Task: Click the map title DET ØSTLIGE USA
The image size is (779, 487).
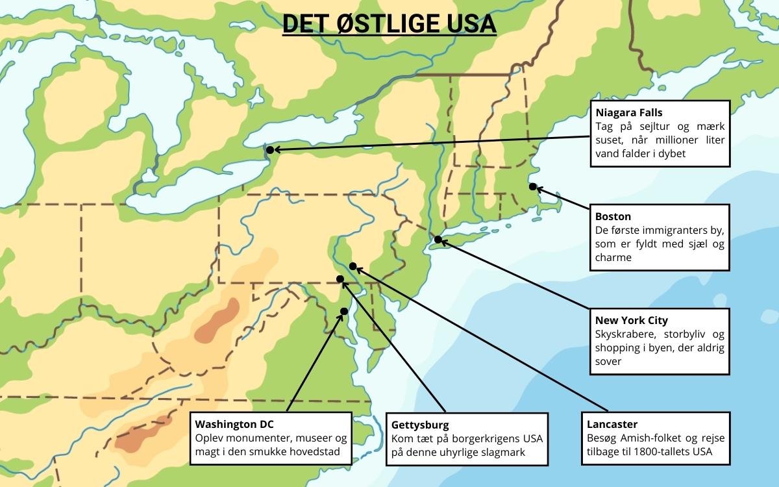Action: point(389,24)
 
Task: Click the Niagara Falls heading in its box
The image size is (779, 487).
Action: point(628,112)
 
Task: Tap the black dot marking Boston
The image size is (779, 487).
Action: point(532,187)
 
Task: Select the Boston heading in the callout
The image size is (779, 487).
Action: point(613,216)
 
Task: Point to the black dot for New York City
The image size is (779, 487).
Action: point(438,240)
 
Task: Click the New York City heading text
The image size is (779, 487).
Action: point(631,320)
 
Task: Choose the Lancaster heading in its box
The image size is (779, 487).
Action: point(616,425)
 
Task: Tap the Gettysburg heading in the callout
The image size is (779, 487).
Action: point(420,425)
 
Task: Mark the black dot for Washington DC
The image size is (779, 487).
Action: point(343,311)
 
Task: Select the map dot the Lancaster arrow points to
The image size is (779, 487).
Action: point(352,266)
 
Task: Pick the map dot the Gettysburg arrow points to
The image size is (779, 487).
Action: point(340,279)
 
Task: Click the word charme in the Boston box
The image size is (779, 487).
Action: point(613,257)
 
